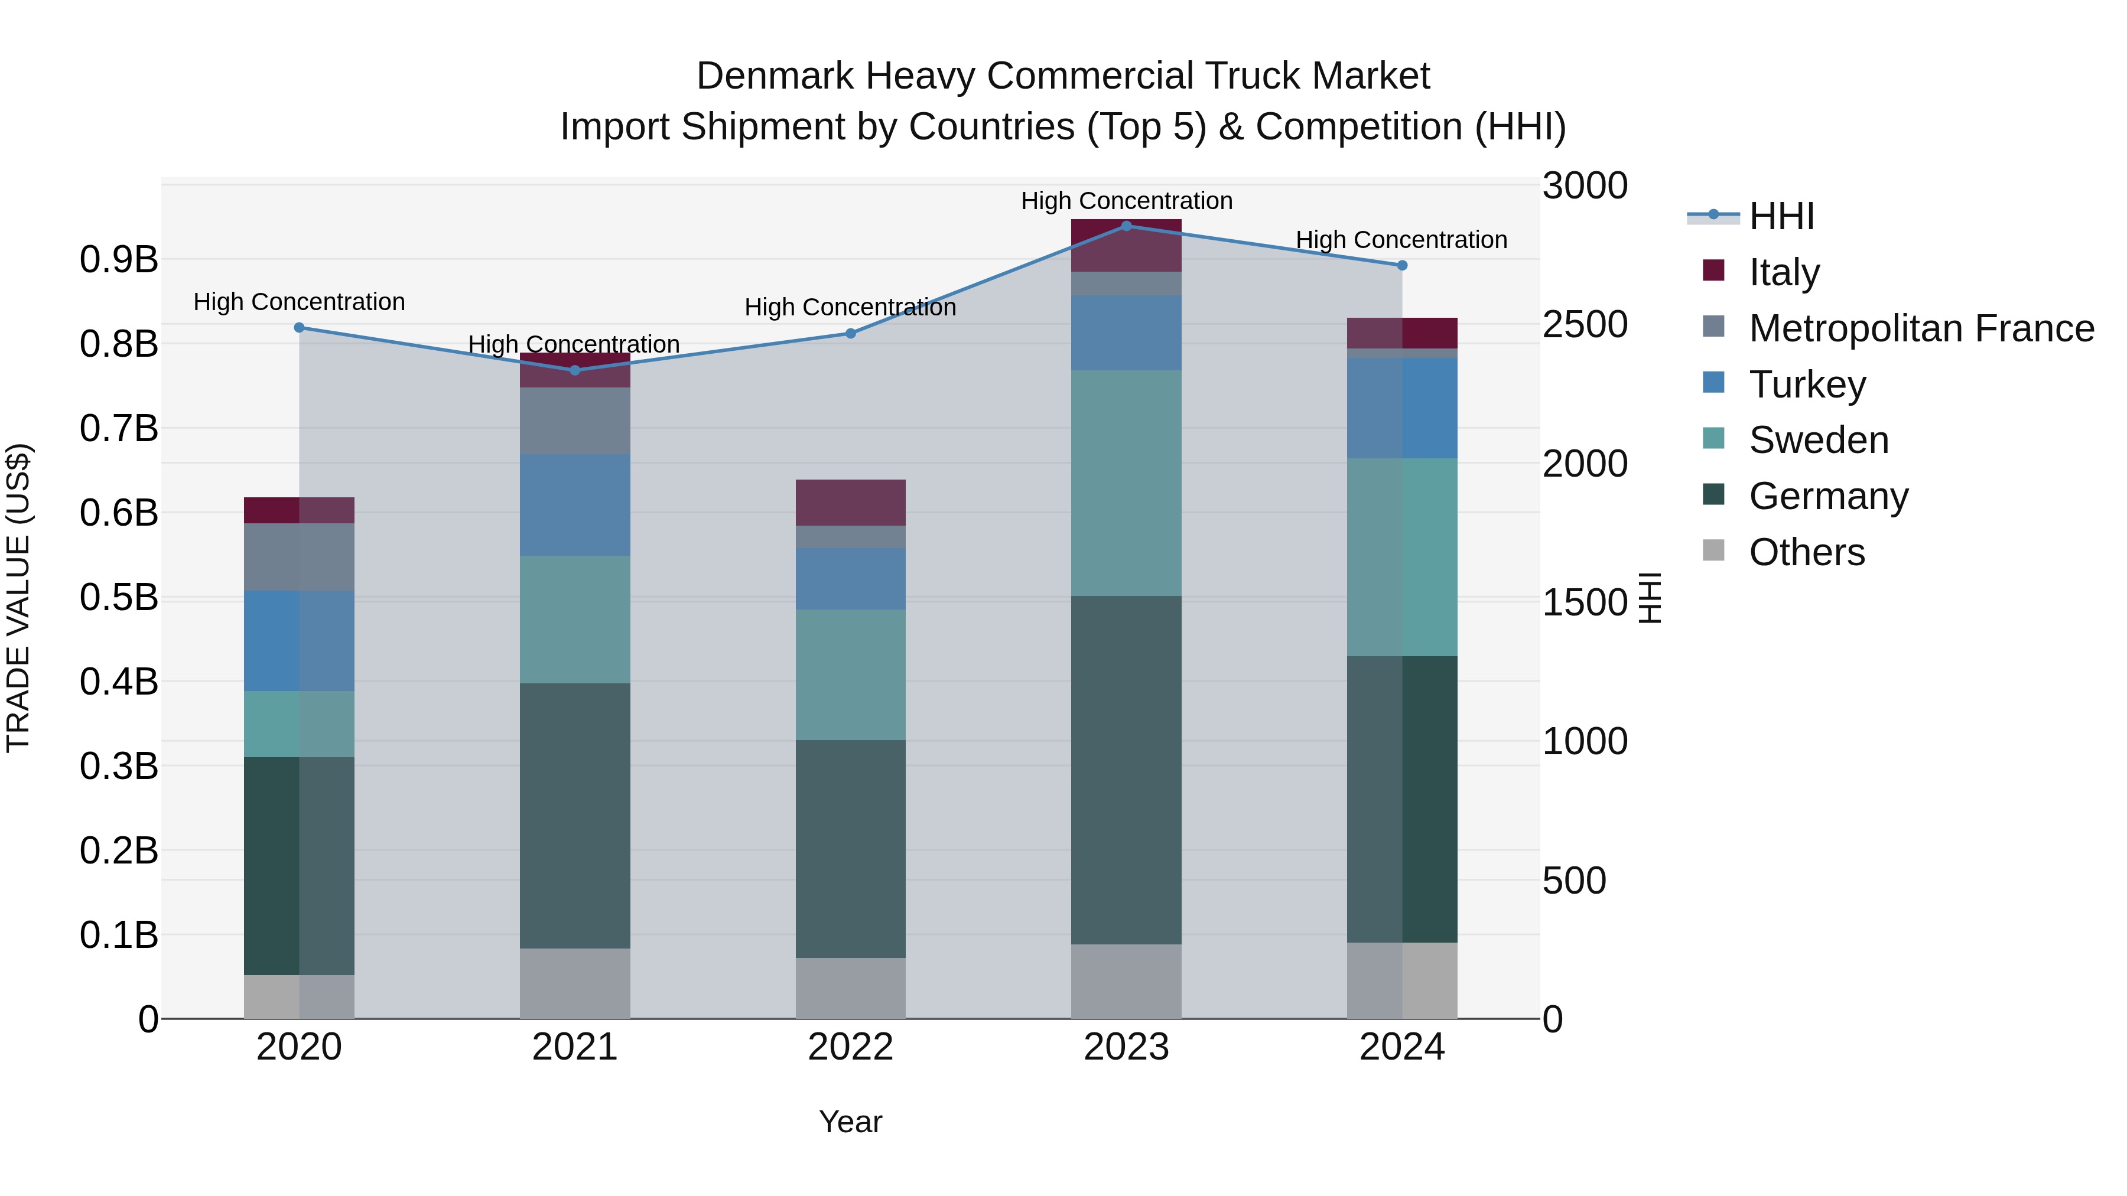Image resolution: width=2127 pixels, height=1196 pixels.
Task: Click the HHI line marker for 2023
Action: pos(1126,226)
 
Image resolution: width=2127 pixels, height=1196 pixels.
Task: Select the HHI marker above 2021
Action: pos(575,370)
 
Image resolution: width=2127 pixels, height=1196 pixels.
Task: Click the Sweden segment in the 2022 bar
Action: pos(850,674)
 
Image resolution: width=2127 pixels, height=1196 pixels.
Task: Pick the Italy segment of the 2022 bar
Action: pos(850,502)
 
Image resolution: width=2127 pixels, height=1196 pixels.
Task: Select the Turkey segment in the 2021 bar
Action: pos(575,504)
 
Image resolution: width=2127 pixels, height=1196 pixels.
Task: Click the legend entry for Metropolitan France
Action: pos(1921,328)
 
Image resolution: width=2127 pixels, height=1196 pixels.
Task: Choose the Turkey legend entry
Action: pos(1807,384)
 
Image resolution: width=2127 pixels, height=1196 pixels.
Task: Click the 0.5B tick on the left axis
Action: pos(119,598)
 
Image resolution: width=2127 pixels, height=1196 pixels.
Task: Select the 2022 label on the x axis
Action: pos(850,1047)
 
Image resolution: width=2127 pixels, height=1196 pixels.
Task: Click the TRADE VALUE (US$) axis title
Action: pos(18,598)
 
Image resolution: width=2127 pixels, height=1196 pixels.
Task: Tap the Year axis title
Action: pos(850,1122)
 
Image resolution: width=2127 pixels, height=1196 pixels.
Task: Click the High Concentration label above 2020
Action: pos(299,302)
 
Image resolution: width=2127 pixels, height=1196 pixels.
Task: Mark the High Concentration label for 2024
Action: pos(1401,240)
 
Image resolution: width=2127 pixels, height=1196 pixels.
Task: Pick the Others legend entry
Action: pos(1807,552)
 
